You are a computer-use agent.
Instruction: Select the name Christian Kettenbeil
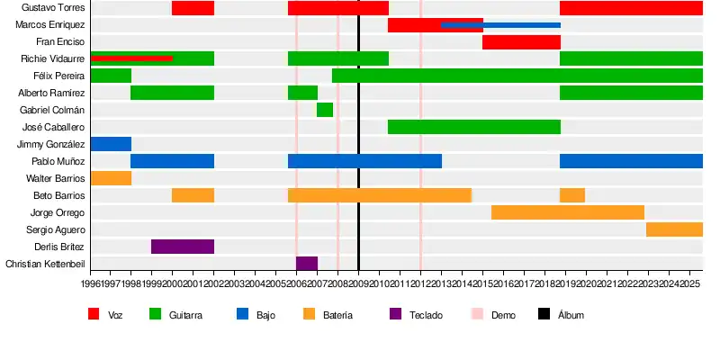click(x=45, y=264)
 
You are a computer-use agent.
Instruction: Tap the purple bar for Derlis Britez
click(x=183, y=247)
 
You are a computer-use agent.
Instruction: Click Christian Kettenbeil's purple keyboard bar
click(x=307, y=264)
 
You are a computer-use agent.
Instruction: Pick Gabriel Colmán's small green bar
click(x=325, y=110)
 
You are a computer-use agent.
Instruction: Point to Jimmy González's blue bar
click(x=111, y=144)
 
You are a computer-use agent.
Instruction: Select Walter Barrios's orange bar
click(x=111, y=178)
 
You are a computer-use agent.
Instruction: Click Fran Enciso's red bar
click(x=521, y=42)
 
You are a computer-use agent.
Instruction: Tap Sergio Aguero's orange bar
click(x=674, y=229)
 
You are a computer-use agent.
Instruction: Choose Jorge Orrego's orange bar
click(x=568, y=212)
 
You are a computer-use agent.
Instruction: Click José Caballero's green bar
click(x=474, y=127)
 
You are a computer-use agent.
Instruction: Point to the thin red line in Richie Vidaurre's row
click(x=131, y=58)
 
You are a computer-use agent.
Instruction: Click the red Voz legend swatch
click(x=94, y=314)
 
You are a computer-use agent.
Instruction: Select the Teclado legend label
click(x=426, y=315)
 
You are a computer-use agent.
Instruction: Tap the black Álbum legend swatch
click(x=544, y=314)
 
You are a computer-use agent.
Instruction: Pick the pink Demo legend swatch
click(x=477, y=314)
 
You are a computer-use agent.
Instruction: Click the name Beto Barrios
click(x=58, y=195)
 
